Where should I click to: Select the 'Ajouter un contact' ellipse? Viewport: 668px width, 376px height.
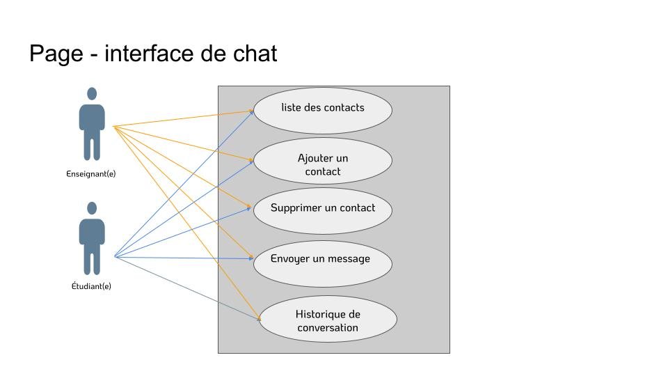tap(322, 161)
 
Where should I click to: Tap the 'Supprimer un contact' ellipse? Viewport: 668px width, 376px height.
tap(322, 210)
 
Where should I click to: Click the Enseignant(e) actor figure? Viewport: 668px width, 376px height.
tap(92, 125)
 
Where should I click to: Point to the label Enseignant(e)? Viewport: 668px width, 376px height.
tap(91, 174)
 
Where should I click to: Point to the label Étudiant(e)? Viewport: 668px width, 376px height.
tap(91, 285)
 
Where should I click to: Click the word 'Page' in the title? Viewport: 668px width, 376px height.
tap(56, 54)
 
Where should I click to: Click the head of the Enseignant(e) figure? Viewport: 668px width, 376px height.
tap(92, 93)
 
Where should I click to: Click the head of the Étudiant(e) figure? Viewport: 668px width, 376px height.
tap(92, 207)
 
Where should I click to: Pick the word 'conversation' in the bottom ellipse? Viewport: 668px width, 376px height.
tap(328, 327)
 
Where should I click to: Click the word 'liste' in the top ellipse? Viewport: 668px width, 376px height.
tap(292, 107)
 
